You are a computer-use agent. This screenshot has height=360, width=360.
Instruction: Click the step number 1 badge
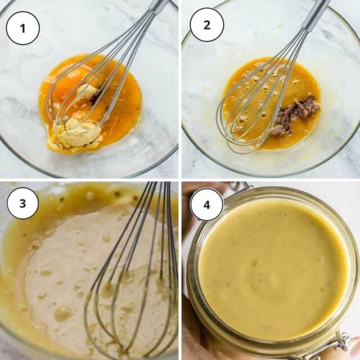22,28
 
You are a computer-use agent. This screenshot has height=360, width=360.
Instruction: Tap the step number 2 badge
206,25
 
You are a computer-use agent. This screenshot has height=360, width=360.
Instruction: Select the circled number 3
22,203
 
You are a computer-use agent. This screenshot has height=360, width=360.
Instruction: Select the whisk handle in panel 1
158,6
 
